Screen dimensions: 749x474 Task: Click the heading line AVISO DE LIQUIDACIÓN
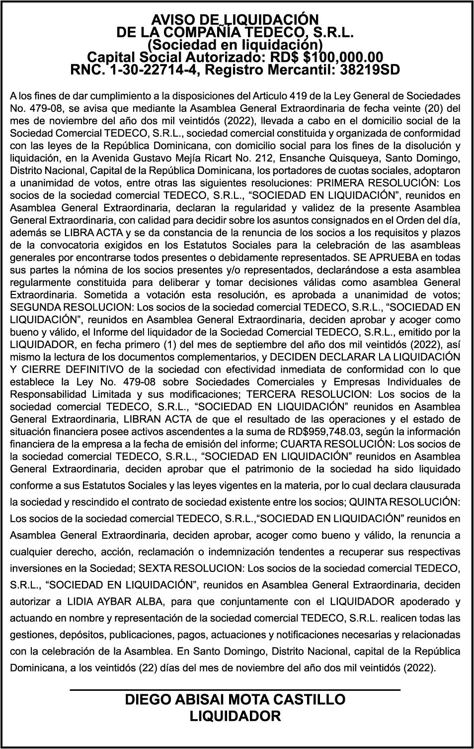[235, 19]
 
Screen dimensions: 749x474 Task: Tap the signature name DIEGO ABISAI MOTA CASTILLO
[235, 699]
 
